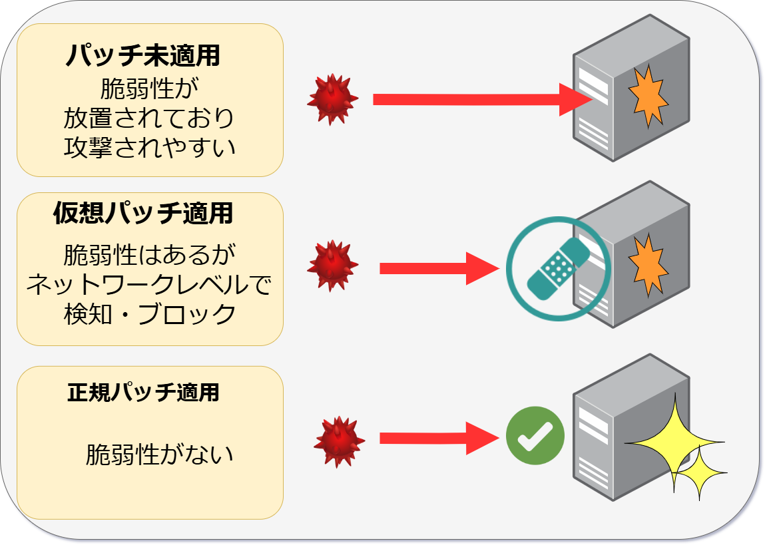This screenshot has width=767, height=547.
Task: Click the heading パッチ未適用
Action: click(142, 56)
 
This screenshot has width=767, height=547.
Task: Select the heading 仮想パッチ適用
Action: click(142, 214)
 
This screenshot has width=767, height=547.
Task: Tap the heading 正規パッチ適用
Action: click(142, 393)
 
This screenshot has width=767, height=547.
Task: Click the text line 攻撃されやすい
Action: click(150, 146)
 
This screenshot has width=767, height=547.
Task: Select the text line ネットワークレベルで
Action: click(150, 284)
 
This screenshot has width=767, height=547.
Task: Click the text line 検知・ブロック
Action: click(150, 313)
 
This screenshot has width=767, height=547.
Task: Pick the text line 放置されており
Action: click(150, 117)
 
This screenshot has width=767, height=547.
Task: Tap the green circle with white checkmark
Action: click(535, 436)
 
